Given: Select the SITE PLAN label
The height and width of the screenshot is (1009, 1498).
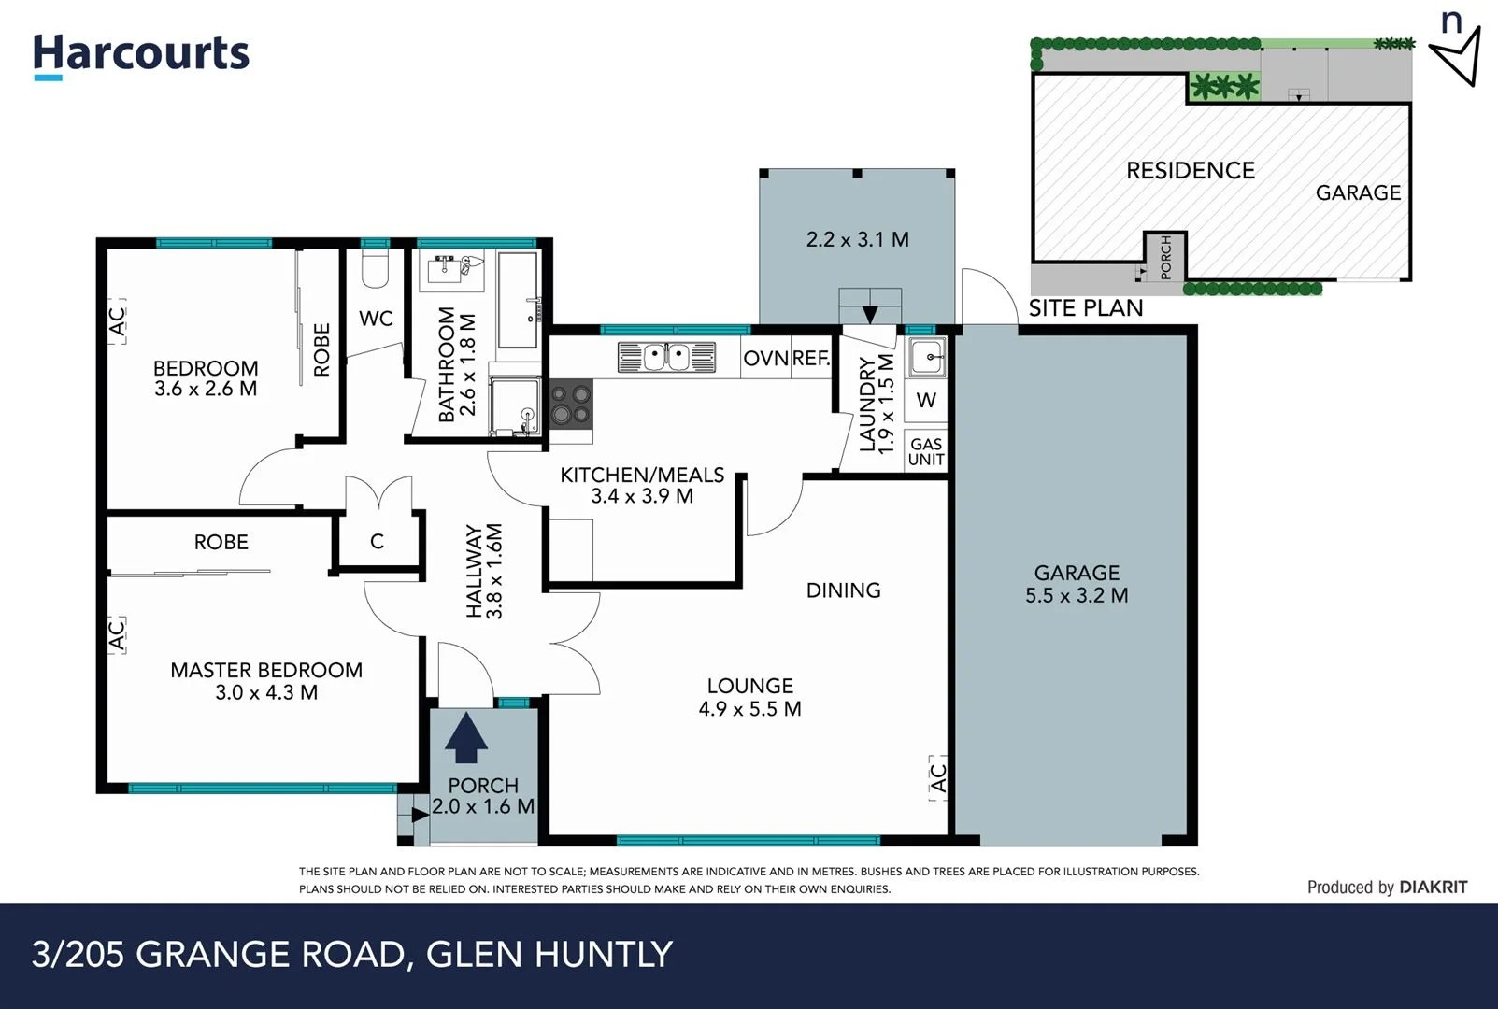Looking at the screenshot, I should [x=1085, y=308].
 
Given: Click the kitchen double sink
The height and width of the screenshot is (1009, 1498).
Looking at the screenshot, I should [x=666, y=358].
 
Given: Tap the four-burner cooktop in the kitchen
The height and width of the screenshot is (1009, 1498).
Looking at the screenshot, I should [x=570, y=404].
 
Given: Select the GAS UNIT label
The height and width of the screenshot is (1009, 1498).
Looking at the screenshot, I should [x=926, y=452].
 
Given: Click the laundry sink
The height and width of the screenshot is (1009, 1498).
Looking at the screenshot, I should [x=926, y=357].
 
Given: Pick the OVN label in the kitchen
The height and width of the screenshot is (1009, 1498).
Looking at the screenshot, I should [x=765, y=359].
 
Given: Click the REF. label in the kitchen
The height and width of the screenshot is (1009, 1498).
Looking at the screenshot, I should [x=811, y=359].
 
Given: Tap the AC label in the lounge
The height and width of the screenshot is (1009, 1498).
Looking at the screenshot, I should [x=938, y=777].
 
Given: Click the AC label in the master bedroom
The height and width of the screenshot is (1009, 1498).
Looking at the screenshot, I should [x=116, y=635].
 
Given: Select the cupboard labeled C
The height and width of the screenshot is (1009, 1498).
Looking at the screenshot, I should [x=377, y=542].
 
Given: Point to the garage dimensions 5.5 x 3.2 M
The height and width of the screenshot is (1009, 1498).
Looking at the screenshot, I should [x=1077, y=596].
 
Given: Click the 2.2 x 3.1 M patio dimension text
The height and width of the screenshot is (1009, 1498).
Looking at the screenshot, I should [x=857, y=240].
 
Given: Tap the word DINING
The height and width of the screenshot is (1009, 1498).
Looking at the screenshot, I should [x=843, y=590].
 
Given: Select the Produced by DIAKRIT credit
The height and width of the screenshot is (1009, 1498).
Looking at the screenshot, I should [x=1387, y=888].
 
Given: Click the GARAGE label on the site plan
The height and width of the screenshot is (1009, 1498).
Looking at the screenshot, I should [x=1358, y=193].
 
